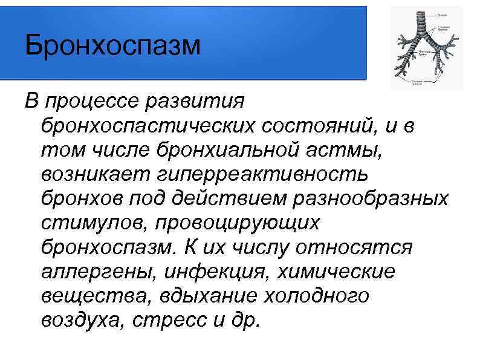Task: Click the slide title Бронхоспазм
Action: [x=112, y=47]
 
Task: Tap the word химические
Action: [x=337, y=272]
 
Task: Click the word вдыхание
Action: [x=204, y=296]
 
